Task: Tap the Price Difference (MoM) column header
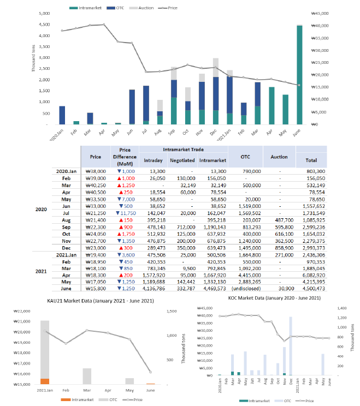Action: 125,156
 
